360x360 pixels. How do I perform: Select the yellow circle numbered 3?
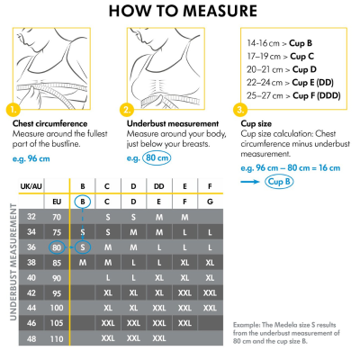click(x=239, y=110)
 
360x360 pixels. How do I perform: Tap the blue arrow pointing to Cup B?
click(x=251, y=182)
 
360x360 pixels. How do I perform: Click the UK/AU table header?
click(x=31, y=186)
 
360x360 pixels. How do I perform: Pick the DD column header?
click(x=158, y=186)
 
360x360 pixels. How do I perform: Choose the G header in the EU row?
click(x=210, y=202)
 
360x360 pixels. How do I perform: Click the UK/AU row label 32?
click(x=31, y=217)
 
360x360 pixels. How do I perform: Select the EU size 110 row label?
click(x=57, y=338)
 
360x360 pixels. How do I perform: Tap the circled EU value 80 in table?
click(x=57, y=247)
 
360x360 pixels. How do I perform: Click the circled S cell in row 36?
click(x=82, y=247)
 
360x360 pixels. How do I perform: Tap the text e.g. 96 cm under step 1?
click(x=31, y=159)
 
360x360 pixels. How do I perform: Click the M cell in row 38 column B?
click(x=82, y=262)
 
